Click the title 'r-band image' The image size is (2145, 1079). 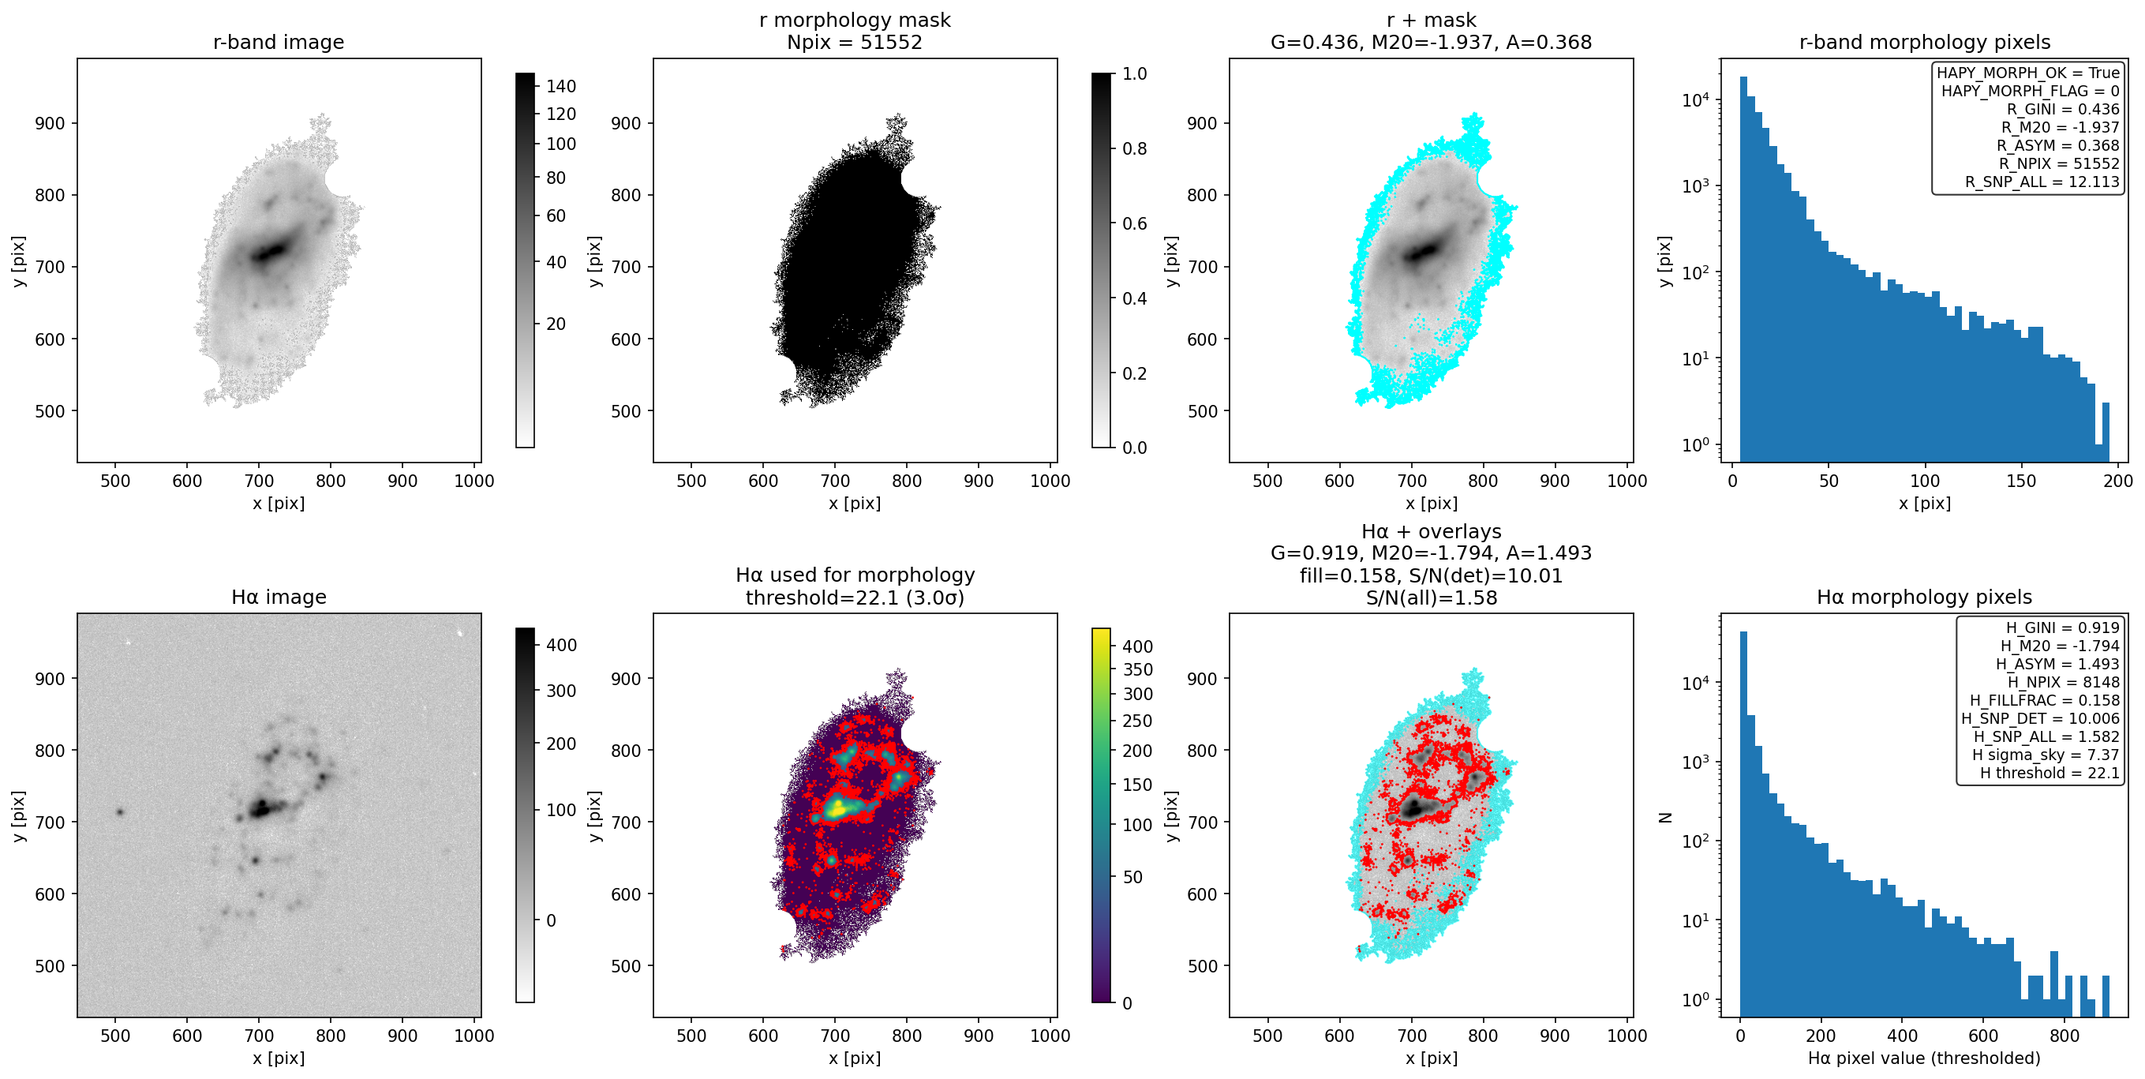[x=278, y=42]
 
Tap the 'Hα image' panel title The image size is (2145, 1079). [x=278, y=597]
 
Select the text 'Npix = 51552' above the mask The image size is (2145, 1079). [x=855, y=42]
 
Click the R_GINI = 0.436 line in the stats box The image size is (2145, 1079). [x=2063, y=109]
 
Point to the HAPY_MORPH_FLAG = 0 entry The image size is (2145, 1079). [x=2030, y=91]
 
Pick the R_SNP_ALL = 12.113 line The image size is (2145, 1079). [x=2042, y=182]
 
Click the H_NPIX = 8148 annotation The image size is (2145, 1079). [x=2063, y=682]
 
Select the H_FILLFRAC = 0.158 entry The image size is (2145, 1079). [x=2044, y=700]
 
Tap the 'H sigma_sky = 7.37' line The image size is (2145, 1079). [x=2045, y=755]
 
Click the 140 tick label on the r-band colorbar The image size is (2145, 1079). [x=561, y=87]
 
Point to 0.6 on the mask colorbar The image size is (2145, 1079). [x=1134, y=223]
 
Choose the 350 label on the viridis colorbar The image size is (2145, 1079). [x=1137, y=669]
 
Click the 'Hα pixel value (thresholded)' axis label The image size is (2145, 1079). [x=1924, y=1058]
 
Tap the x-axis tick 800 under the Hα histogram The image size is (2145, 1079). [x=2065, y=1036]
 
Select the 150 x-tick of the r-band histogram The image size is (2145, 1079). [x=2021, y=481]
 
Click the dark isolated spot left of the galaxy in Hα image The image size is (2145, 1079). [x=120, y=811]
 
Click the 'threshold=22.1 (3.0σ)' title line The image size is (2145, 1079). [x=855, y=598]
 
